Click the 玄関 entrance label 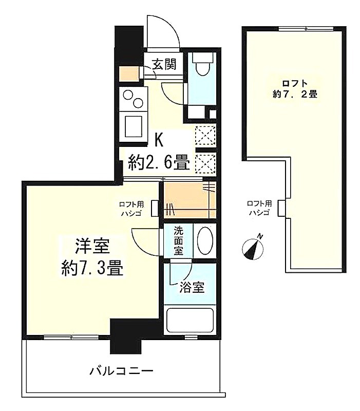point(164,64)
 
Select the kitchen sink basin point(134,126)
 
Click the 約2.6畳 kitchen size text point(159,162)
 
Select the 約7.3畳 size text point(92,268)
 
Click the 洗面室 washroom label point(179,240)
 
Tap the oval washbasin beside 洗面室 point(204,240)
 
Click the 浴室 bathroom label point(192,287)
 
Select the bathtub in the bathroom point(190,320)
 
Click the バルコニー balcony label point(121,370)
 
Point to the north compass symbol point(253,248)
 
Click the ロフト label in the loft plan point(295,83)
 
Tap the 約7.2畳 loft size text point(295,94)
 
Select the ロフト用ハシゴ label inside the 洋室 point(131,209)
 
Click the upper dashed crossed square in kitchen point(205,135)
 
